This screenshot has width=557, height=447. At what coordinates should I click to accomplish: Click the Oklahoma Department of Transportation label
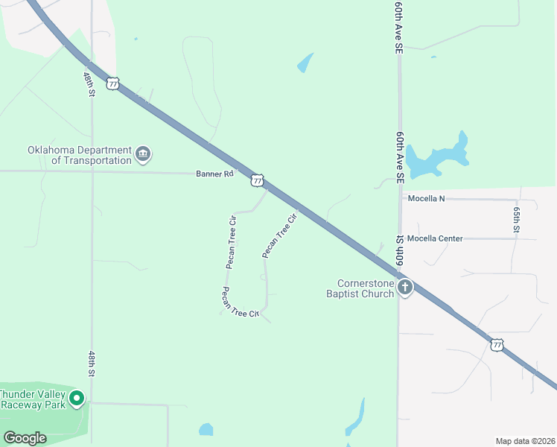80,155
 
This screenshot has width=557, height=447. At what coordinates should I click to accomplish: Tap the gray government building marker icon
144,155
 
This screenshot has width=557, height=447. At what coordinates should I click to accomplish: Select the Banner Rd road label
215,174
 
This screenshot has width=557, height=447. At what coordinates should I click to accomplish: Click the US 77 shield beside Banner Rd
258,180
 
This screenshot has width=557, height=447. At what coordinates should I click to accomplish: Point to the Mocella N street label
426,199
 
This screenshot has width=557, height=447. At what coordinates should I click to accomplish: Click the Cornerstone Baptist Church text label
365,288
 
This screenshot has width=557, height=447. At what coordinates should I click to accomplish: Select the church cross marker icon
404,288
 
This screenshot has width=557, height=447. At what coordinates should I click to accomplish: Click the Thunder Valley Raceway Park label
33,399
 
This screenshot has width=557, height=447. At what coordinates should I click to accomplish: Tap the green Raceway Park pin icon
76,399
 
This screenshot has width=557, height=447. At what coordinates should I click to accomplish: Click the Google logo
25,438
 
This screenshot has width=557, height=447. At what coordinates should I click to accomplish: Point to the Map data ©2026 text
525,441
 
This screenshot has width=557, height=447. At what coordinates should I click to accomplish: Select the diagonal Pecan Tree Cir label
280,236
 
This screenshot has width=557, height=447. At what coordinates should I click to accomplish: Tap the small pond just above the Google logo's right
206,430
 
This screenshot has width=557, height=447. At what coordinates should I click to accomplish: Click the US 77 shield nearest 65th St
497,344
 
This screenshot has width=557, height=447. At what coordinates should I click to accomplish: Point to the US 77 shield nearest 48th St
112,83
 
